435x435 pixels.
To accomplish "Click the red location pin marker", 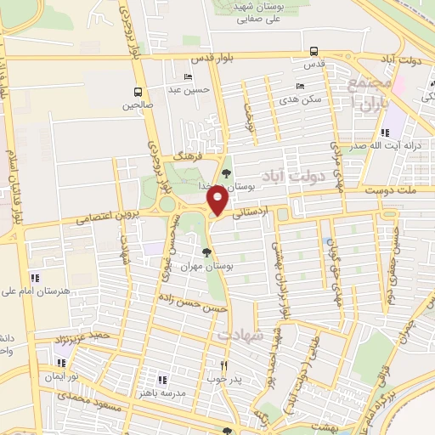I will point(218,201).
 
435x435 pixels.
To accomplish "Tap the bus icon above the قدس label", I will point(314,51).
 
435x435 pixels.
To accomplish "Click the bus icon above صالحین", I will point(138,92).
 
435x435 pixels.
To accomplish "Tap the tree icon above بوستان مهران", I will point(206,251).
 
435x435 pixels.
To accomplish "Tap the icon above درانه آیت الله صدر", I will point(385,132).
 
